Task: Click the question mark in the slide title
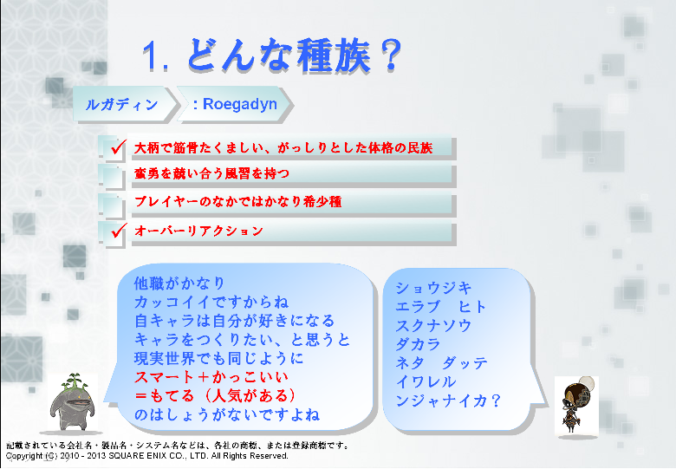[391, 55]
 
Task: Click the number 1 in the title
[150, 55]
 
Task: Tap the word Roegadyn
[240, 104]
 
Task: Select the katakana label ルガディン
[121, 104]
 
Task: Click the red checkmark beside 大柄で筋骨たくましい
[119, 147]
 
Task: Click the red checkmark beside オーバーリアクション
[119, 231]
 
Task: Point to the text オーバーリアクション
[198, 231]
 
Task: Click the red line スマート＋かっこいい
[211, 377]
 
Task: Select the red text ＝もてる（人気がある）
[216, 395]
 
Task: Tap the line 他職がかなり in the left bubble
[179, 283]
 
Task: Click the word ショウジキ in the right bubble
[433, 288]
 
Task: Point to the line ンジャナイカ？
[448, 401]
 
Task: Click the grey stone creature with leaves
[73, 402]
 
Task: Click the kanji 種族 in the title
[334, 55]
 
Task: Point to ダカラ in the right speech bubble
[418, 344]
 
